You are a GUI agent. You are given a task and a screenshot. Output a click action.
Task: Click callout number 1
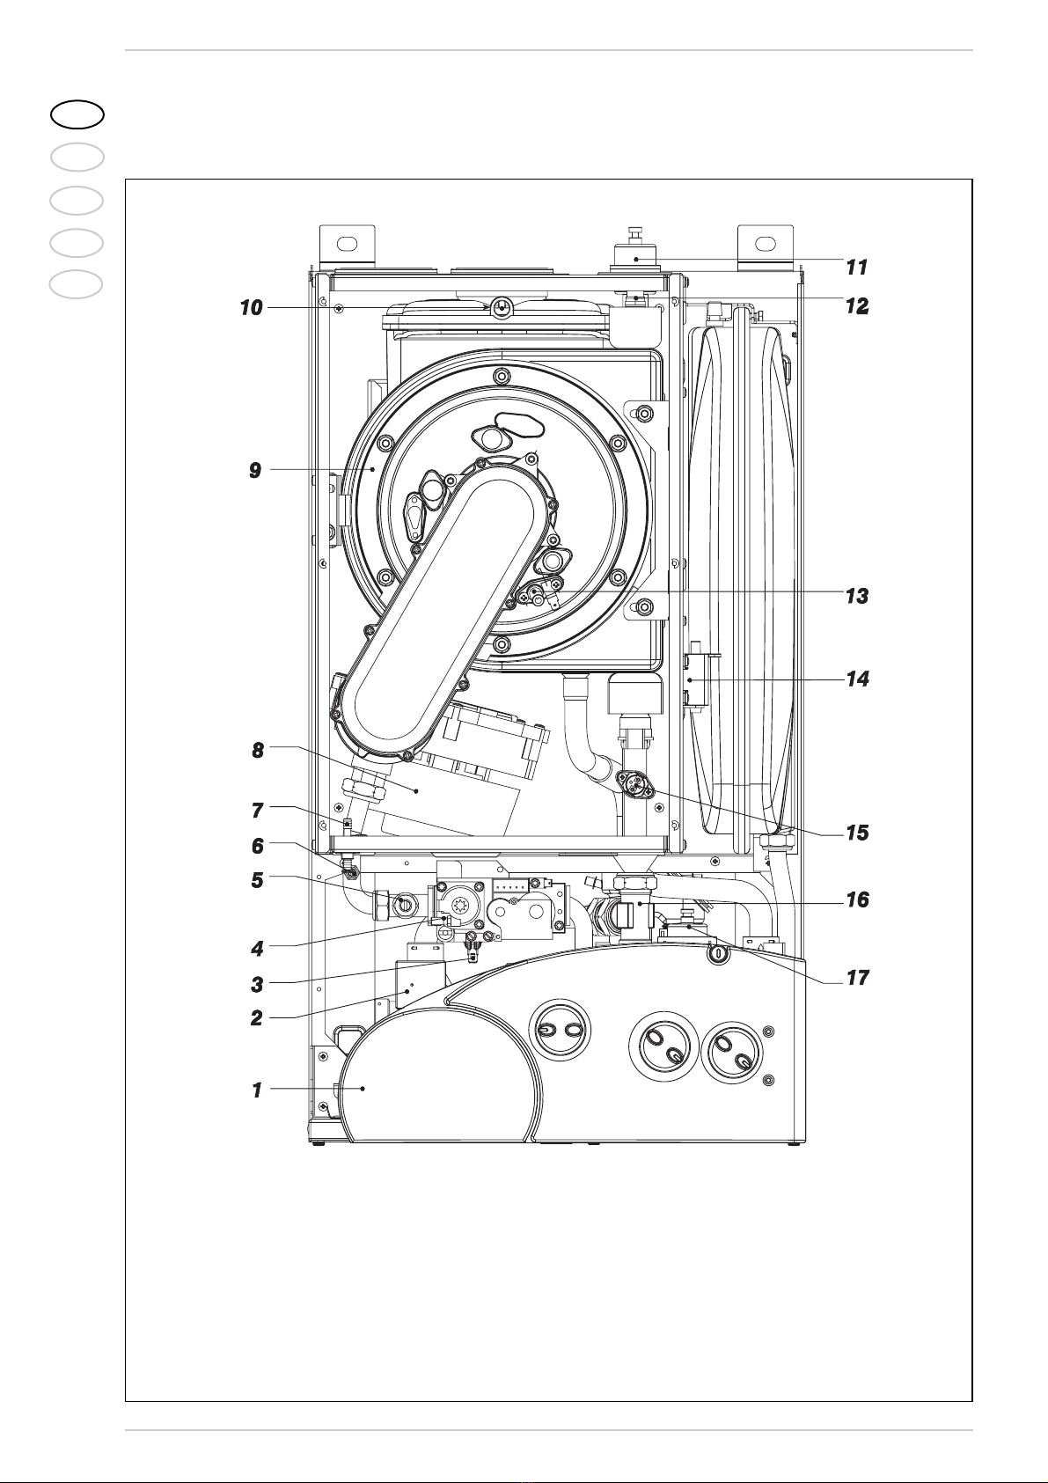(257, 1090)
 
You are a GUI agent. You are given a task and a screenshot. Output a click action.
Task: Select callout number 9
(255, 471)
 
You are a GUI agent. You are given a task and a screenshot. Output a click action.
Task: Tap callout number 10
(251, 308)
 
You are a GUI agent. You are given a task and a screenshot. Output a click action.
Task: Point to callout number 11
(857, 268)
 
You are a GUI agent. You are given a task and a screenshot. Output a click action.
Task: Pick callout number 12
(857, 306)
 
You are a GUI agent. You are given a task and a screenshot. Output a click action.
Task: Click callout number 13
(857, 596)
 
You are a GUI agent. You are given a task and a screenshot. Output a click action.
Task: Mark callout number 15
(857, 833)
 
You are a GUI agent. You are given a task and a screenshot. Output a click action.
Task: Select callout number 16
(857, 899)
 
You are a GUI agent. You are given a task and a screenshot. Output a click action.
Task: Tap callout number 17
(857, 977)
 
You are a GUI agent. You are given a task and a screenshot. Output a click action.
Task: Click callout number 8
(257, 751)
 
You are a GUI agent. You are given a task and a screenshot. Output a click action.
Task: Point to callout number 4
(257, 949)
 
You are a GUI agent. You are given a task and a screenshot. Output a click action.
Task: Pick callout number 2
(257, 1017)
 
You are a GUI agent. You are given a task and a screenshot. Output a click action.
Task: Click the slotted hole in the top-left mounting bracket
(347, 243)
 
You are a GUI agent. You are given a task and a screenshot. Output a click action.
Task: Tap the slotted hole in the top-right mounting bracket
(766, 243)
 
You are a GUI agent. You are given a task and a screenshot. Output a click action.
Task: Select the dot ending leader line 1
(363, 1089)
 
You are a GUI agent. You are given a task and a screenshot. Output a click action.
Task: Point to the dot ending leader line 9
(373, 469)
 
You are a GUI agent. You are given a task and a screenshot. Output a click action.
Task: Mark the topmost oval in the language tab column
(77, 114)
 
